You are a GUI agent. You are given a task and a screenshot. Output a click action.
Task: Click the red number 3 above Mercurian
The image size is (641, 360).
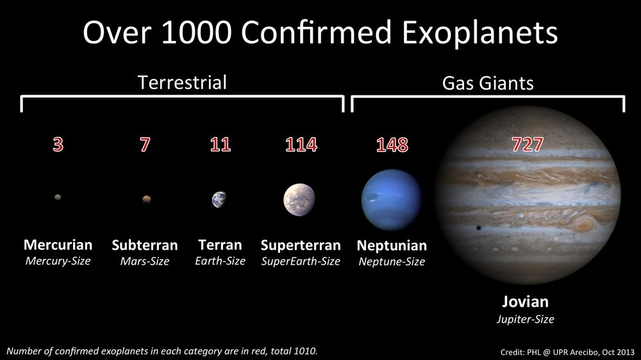[x=58, y=145]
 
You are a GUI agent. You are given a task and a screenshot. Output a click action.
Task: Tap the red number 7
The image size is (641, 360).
[x=146, y=145]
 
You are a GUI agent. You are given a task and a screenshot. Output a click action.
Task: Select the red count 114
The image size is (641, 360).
[x=301, y=145]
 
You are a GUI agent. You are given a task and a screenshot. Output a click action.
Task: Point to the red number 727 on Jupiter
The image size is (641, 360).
[x=528, y=145]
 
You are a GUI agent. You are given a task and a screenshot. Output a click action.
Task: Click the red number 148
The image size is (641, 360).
[x=392, y=145]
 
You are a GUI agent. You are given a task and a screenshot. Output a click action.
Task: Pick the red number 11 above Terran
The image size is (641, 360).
[x=220, y=145]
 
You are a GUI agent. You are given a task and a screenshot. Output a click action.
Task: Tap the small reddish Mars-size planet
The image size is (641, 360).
[x=147, y=199]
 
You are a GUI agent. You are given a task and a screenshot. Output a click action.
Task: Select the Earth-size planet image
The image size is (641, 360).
[x=219, y=200]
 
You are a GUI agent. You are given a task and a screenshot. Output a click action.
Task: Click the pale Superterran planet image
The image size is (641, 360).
[x=299, y=199]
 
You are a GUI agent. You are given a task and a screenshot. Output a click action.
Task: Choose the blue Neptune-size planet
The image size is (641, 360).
[x=391, y=199]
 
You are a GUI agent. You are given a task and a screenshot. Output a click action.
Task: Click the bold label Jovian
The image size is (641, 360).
[x=525, y=302]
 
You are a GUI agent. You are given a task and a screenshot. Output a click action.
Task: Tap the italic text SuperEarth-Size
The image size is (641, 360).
[x=301, y=261]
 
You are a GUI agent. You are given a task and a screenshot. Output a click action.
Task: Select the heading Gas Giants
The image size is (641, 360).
[x=488, y=83]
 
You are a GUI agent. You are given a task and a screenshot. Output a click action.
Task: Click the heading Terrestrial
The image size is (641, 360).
[x=183, y=82]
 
